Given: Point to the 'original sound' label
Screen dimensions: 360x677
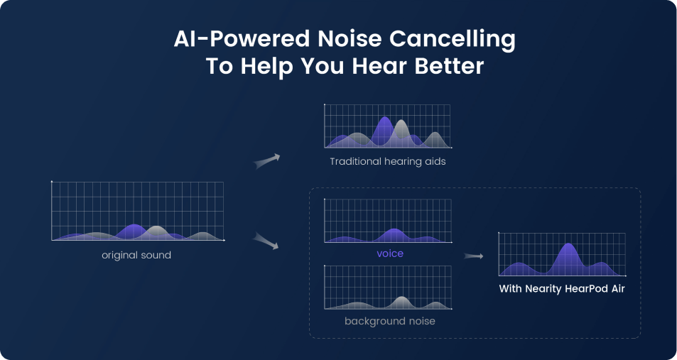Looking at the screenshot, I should [136, 255].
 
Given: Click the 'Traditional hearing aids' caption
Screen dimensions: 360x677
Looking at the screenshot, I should [387, 162].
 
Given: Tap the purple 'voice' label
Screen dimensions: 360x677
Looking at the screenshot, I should [389, 253].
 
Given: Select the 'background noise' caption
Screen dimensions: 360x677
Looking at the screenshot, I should [389, 321].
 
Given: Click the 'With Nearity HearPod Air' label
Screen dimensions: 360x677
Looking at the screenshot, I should [561, 289].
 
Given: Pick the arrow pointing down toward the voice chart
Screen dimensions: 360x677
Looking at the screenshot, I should [265, 241].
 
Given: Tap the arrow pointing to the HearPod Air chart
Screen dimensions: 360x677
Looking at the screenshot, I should [473, 256].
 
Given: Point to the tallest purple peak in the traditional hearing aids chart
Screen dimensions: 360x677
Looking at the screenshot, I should [384, 121].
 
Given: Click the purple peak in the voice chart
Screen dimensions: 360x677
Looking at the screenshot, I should [394, 232].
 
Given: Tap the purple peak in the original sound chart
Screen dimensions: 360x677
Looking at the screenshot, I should [132, 228].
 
